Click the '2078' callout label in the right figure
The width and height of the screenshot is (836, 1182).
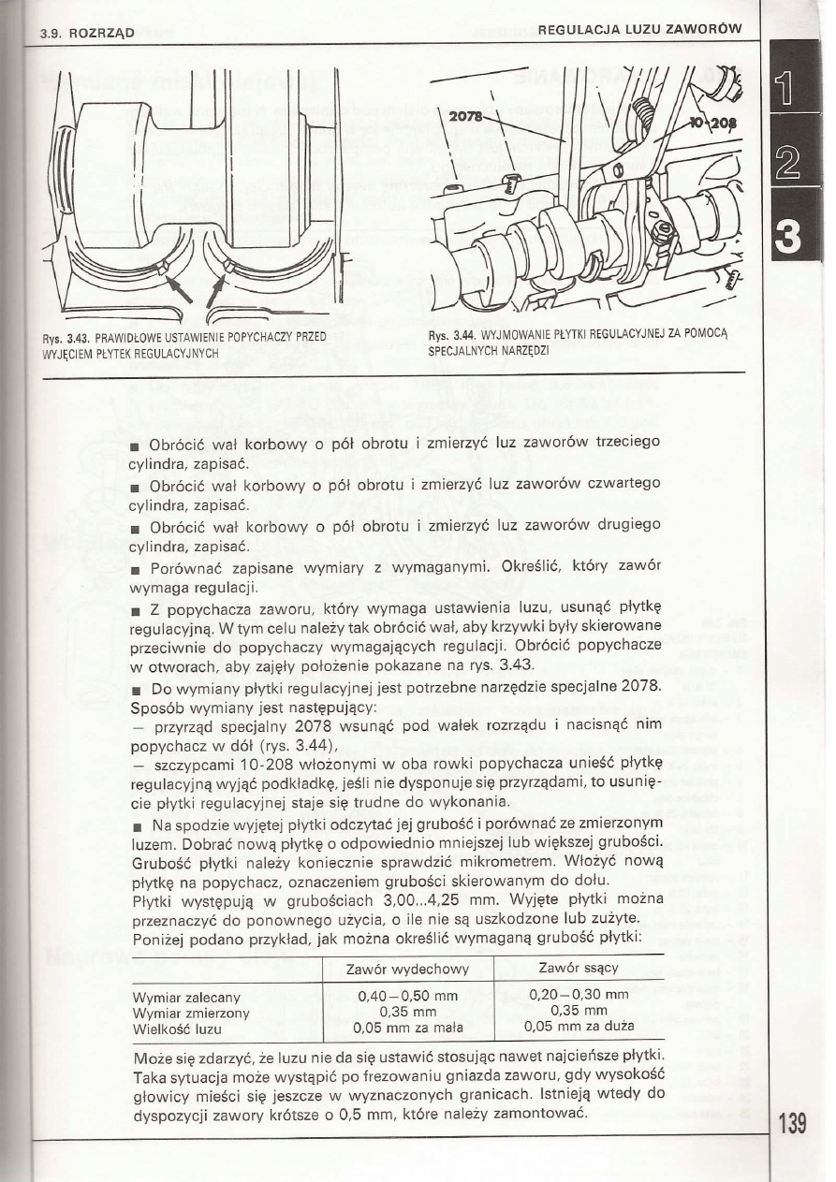click(467, 118)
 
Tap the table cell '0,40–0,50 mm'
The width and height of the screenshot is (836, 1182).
click(407, 997)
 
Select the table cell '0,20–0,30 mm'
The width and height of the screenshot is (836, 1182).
click(578, 997)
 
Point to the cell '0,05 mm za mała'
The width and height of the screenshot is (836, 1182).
click(407, 1028)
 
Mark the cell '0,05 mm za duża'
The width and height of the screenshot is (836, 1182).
click(578, 1028)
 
